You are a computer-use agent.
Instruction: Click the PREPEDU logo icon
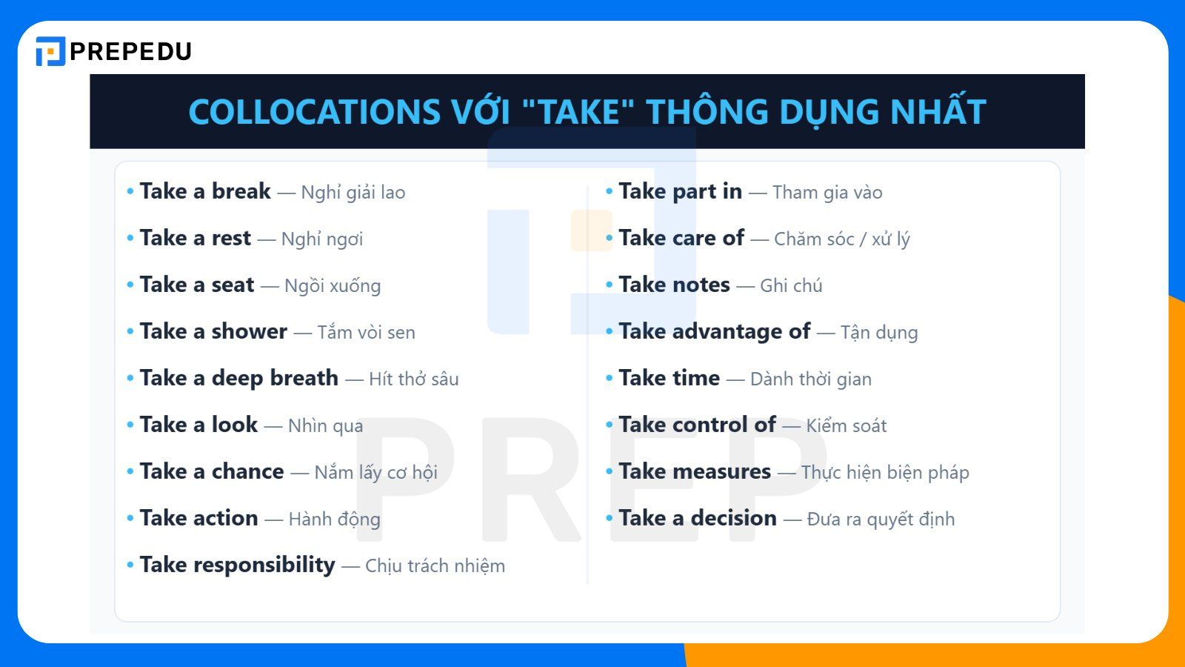click(50, 51)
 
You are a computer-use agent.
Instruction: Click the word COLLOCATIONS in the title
click(314, 112)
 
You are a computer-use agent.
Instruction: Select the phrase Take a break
click(205, 191)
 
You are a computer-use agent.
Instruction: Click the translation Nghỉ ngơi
click(322, 239)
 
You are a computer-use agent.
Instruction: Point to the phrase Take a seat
click(197, 285)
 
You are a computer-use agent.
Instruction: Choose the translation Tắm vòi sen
click(366, 332)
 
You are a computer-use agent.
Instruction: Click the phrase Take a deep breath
click(238, 378)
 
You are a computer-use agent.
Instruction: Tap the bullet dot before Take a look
click(130, 425)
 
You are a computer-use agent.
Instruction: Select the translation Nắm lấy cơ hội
click(375, 472)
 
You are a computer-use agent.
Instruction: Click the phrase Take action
click(198, 518)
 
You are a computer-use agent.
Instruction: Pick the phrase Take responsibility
click(237, 565)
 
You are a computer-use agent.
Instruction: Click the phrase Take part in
click(680, 191)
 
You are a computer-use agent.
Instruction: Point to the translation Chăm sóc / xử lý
click(841, 239)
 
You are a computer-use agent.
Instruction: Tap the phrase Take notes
click(674, 285)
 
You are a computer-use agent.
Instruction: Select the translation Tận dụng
click(879, 332)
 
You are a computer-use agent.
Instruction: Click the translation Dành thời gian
click(810, 379)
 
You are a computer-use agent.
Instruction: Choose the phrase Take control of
click(697, 425)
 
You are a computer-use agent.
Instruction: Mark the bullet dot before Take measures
click(610, 471)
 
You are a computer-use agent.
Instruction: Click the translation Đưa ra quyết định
click(881, 519)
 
